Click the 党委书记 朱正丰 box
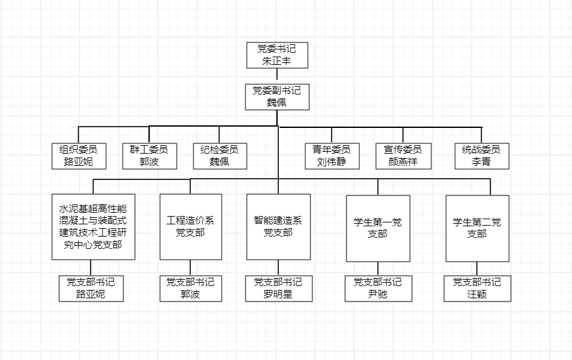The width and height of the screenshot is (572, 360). tap(277, 55)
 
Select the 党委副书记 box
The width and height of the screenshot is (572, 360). tap(277, 96)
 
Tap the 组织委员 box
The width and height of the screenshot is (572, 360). tap(79, 156)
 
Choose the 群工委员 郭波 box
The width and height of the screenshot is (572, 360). tap(149, 156)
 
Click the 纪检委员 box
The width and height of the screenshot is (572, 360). tap(219, 156)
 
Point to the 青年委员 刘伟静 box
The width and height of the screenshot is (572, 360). tap(332, 156)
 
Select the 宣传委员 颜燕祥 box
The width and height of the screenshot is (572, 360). tap(403, 156)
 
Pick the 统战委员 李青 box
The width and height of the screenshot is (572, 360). tap(481, 156)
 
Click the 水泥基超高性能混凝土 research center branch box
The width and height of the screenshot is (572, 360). tap(93, 226)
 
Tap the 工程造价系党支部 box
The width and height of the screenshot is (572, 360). tap(190, 226)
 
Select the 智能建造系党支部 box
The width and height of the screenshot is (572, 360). tap(278, 226)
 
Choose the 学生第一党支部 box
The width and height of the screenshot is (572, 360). tap(378, 228)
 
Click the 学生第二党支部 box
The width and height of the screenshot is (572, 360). tap(477, 228)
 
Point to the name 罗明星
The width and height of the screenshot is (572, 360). tap(278, 294)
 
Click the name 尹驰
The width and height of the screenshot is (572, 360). tap(378, 294)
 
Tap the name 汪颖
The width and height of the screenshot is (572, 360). tap(477, 294)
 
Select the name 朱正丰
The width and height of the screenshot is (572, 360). tap(277, 61)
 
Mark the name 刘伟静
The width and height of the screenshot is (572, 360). tap(332, 161)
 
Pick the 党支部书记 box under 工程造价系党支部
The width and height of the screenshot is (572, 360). tap(190, 288)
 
